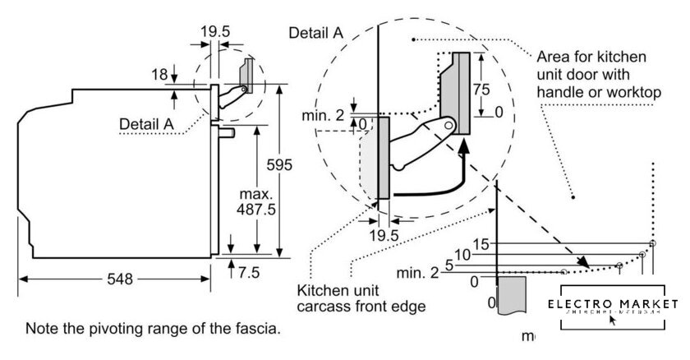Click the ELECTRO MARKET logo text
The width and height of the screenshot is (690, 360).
click(615, 303)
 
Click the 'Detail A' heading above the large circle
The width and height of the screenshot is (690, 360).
click(316, 33)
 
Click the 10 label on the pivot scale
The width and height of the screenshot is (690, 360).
click(462, 256)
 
